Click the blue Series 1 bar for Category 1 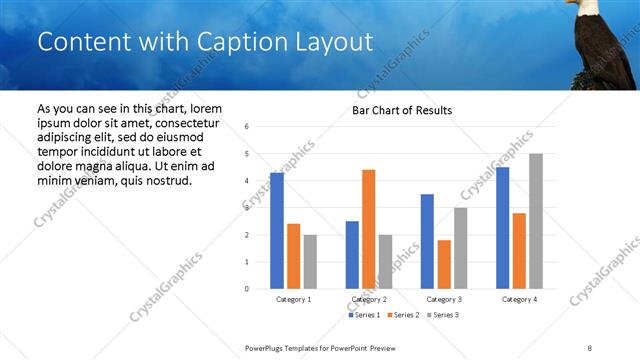277,231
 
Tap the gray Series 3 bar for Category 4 536,221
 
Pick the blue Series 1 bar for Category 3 427,241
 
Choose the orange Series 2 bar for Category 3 444,264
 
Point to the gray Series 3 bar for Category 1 310,262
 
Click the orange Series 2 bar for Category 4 519,251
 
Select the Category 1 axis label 293,299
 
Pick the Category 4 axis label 519,299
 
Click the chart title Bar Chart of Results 402,110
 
